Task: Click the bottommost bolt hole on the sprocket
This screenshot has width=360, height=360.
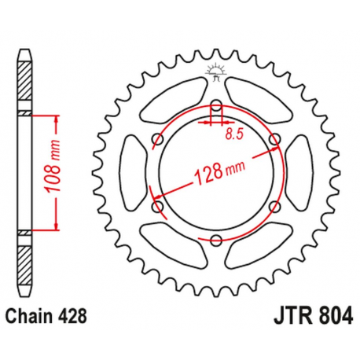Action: (x=216, y=241)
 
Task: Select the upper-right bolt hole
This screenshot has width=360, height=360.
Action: (x=274, y=140)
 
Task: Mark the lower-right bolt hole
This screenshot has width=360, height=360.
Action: (x=274, y=207)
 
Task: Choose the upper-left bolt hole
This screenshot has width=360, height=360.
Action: (x=157, y=140)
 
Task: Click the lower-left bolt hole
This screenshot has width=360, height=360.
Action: (x=157, y=207)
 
